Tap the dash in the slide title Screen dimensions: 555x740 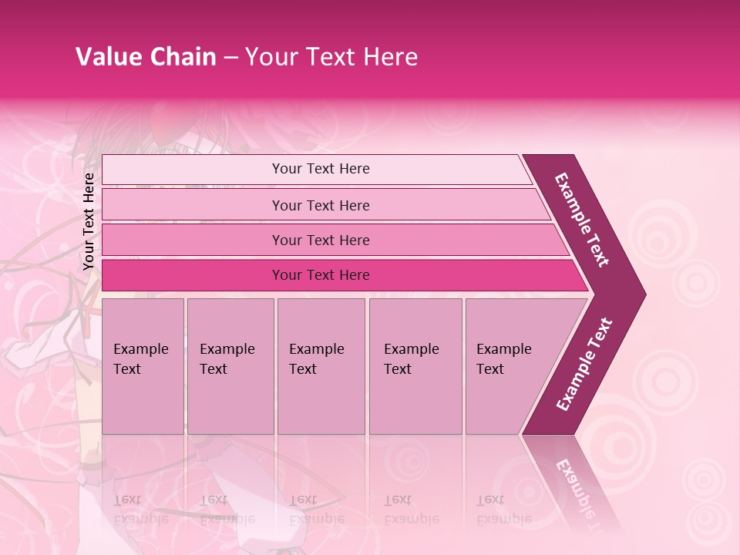click(230, 58)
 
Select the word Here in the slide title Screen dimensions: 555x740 click(389, 57)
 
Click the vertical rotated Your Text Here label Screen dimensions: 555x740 click(89, 221)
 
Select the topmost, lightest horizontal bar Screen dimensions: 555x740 click(316, 169)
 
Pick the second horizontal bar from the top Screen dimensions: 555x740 click(324, 205)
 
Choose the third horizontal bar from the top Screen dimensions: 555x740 click(331, 240)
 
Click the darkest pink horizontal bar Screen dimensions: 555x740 click(339, 275)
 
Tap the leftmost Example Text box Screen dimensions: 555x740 click(143, 366)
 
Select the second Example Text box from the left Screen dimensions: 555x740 click(230, 366)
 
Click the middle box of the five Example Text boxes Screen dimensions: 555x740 click(321, 366)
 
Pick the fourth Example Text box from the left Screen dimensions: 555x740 click(415, 366)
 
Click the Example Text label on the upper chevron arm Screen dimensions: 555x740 click(582, 220)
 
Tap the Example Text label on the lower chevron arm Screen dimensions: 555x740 click(584, 364)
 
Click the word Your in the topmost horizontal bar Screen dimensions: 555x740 click(287, 169)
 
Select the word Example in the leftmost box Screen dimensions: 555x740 click(140, 349)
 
